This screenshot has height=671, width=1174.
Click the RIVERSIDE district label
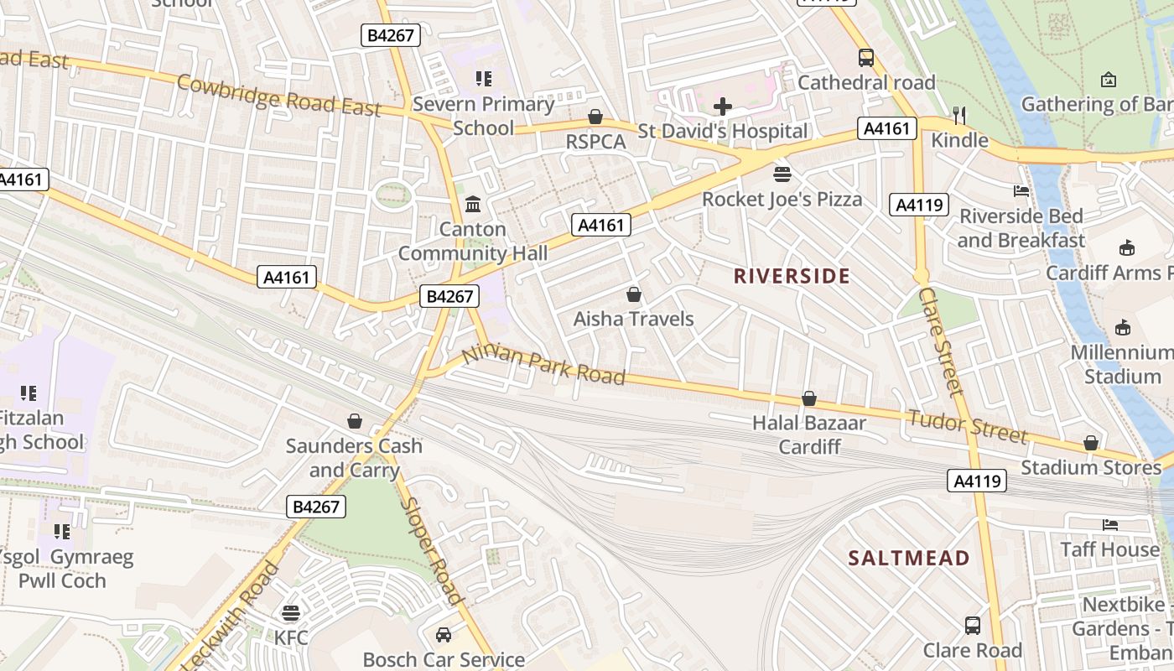[792, 276]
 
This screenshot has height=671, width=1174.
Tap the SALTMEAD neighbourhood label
[909, 558]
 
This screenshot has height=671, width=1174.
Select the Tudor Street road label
[968, 425]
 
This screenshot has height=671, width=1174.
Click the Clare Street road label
[941, 341]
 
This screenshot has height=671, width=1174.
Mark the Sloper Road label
[434, 550]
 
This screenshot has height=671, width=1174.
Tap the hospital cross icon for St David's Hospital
[722, 107]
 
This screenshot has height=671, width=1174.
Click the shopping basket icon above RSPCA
[595, 117]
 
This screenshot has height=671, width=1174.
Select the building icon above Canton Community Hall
[473, 204]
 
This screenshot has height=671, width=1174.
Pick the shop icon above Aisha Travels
[634, 294]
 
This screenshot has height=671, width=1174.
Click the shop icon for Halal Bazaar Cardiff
[809, 398]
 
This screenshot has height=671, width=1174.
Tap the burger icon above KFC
[291, 613]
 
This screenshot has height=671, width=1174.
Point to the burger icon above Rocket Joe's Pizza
[782, 174]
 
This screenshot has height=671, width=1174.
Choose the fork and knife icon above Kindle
[959, 115]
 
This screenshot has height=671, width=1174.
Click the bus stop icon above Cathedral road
[866, 58]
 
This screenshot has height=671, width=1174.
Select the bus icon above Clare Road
[973, 626]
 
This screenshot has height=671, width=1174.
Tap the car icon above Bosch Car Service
[444, 635]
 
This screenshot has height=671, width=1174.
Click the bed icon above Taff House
[1110, 525]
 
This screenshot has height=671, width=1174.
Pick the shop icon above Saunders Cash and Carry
[355, 420]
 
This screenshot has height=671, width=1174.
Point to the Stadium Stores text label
[1091, 467]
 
